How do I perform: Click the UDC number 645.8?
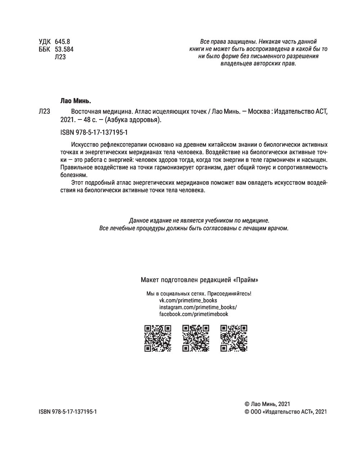click(62, 41)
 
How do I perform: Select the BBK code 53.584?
click(64, 49)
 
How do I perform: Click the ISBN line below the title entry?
click(95, 132)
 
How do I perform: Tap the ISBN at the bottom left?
click(68, 412)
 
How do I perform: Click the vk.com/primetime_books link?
click(188, 300)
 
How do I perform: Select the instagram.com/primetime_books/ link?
click(198, 307)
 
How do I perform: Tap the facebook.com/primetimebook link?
click(194, 314)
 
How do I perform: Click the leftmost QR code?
click(158, 338)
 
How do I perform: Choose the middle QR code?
click(196, 338)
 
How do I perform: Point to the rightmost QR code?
click(234, 338)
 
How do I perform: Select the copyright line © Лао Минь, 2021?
click(267, 404)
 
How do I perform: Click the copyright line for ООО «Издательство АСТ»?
click(285, 412)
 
